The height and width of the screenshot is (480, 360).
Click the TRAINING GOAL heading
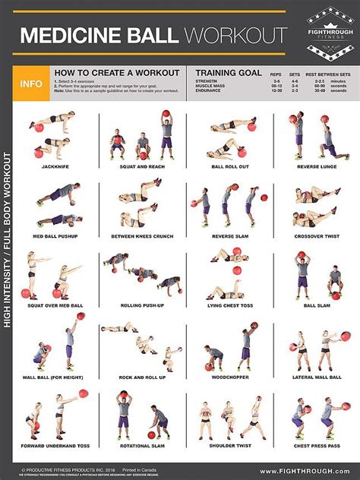228,72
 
